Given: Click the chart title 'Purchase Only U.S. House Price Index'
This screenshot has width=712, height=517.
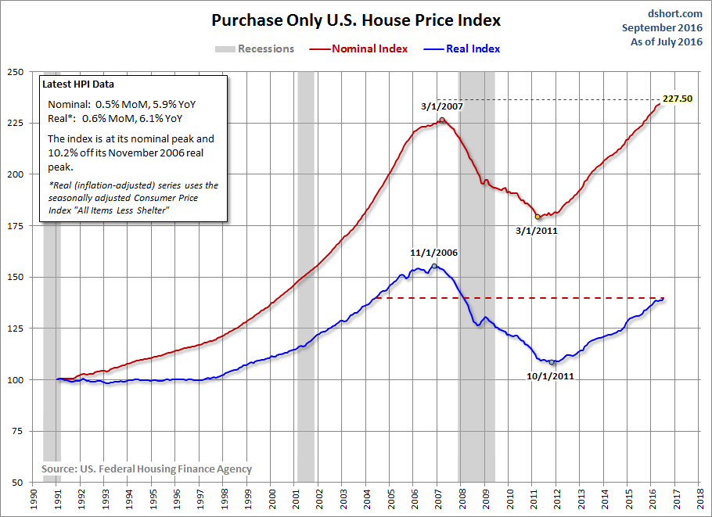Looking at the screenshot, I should pyautogui.click(x=356, y=20).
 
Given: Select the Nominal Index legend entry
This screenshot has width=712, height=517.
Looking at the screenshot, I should pyautogui.click(x=369, y=48).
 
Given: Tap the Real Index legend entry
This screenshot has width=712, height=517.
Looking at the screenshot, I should pyautogui.click(x=473, y=48).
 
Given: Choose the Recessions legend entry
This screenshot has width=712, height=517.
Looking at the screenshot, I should pyautogui.click(x=266, y=48).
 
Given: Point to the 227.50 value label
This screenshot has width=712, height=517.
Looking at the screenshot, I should pyautogui.click(x=678, y=99).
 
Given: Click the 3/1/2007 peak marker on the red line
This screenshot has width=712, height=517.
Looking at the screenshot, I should pyautogui.click(x=442, y=120).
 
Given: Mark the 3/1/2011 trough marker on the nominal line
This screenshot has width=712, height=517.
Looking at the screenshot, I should pyautogui.click(x=538, y=217).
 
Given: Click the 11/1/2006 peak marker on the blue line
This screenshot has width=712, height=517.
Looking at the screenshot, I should pyautogui.click(x=434, y=266).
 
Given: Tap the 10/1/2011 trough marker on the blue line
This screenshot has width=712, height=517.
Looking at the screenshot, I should pyautogui.click(x=552, y=362).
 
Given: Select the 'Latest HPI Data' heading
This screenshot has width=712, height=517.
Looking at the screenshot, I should pyautogui.click(x=83, y=85).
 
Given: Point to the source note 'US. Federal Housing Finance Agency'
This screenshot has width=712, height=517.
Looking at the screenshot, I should pyautogui.click(x=146, y=469).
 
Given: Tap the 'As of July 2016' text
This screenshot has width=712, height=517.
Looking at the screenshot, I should pyautogui.click(x=666, y=42).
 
